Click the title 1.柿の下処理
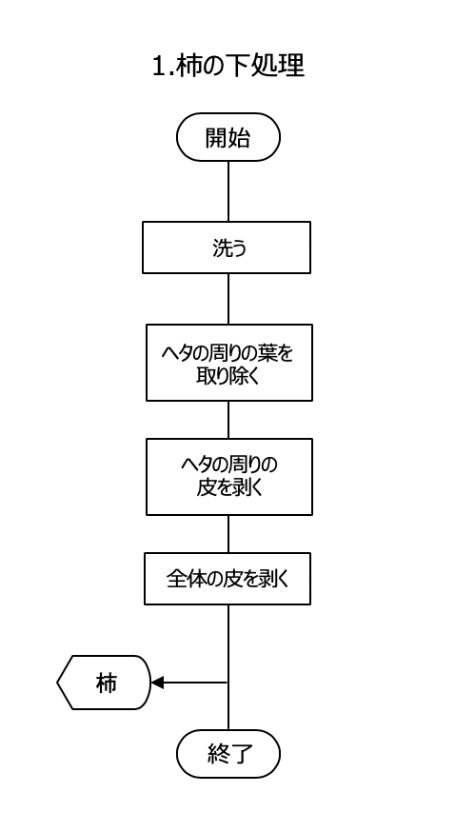228,66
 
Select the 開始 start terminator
228,137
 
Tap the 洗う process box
227,248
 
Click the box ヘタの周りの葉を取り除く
229,363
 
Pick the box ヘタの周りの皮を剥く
229,477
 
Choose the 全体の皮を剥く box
227,579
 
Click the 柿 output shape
104,683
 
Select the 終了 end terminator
228,754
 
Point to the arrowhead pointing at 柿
157,683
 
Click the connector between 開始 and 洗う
228,191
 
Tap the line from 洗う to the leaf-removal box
228,299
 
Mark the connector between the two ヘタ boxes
228,420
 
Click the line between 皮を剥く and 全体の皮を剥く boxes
228,534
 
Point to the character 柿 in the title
187,66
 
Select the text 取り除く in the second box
229,376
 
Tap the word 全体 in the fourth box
185,579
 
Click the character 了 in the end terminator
241,754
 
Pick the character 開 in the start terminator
216,137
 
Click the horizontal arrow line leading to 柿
189,683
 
